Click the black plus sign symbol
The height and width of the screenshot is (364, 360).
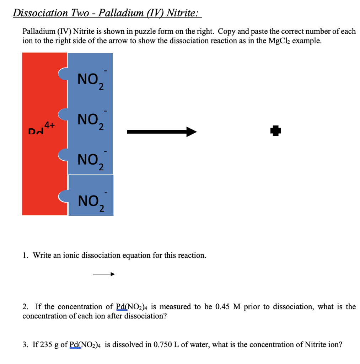pyautogui.click(x=275, y=131)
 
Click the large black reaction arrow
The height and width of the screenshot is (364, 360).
pyautogui.click(x=162, y=132)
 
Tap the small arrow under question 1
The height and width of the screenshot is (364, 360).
pyautogui.click(x=104, y=274)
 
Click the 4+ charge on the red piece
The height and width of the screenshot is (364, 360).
pyautogui.click(x=50, y=125)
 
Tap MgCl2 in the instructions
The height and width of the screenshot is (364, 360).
pyautogui.click(x=276, y=41)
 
